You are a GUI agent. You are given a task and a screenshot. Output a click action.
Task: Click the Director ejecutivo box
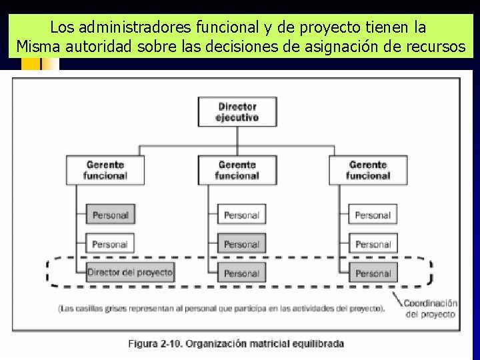coord(237,111)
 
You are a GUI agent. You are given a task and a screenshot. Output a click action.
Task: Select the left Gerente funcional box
coord(105,170)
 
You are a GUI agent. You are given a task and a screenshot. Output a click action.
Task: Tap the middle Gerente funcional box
coord(237,170)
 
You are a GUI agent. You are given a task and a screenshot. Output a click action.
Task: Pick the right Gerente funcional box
coord(368,170)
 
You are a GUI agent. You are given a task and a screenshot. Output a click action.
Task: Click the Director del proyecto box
coord(129,272)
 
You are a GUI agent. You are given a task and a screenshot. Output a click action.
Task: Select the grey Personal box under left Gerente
coord(110,215)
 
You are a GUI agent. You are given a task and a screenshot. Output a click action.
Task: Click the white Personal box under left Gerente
coord(110,243)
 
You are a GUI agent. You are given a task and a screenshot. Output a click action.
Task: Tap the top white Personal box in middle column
coord(241,215)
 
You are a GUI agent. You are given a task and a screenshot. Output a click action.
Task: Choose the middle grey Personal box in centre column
coord(241,243)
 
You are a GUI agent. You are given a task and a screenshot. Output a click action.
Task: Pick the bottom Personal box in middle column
coord(241,273)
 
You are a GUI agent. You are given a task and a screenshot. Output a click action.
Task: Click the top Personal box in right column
coord(373,215)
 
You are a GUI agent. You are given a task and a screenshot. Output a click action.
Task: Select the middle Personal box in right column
coord(373,243)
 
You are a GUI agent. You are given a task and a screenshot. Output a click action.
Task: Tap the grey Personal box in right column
coord(373,273)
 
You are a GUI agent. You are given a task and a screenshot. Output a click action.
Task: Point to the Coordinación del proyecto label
coord(431,308)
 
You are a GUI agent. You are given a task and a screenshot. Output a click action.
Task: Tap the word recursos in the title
coord(433,47)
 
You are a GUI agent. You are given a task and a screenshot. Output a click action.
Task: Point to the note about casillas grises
coord(221,308)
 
